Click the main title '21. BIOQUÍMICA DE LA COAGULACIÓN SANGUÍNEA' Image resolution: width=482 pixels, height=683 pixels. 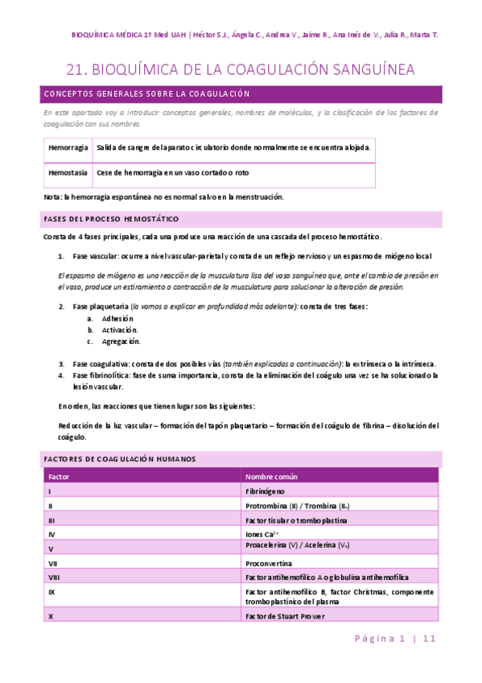241,70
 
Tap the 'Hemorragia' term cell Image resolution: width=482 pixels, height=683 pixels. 68,148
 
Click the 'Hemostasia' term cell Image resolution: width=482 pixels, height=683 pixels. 68,172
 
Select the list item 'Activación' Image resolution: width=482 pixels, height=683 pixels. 119,329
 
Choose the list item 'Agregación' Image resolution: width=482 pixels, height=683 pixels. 121,341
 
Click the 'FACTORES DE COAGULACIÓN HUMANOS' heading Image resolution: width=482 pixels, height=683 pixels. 119,458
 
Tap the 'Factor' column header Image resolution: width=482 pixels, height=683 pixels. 60,476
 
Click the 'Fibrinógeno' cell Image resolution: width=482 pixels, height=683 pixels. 266,491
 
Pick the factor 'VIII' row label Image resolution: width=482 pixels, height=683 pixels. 54,577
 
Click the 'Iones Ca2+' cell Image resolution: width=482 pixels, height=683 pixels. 262,534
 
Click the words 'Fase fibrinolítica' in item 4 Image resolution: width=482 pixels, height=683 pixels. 101,375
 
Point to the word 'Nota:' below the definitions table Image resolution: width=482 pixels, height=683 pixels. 53,197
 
